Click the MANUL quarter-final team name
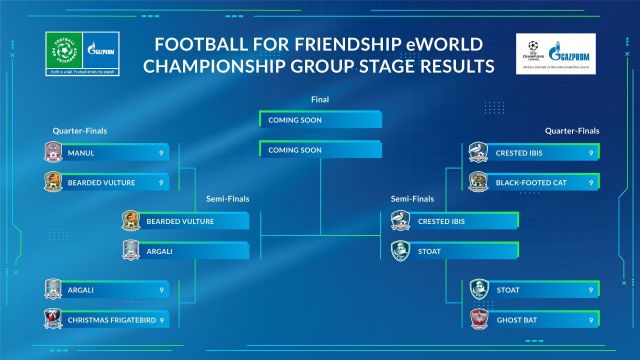pos(81,153)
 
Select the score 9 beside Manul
pos(161,153)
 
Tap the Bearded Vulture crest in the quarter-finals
pos(52,183)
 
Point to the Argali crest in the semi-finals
pos(130,251)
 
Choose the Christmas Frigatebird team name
pos(111,319)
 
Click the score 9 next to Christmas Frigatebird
pos(161,319)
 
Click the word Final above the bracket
pos(320,100)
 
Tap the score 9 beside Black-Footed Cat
pos(592,183)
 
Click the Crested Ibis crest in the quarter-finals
pos(478,153)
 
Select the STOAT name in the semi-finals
pos(431,251)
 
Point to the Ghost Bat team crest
pos(478,319)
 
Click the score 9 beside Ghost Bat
pos(592,319)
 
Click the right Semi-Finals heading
pos(414,198)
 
